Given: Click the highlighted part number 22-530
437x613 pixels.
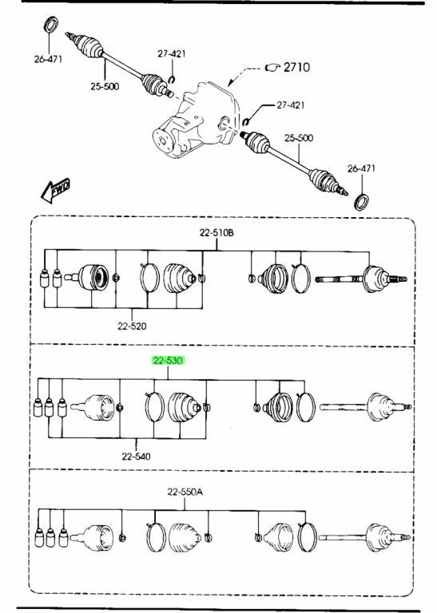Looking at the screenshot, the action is tap(169, 361).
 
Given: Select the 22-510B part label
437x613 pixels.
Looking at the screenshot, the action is tap(217, 233).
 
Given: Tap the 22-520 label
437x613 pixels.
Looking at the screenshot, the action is tap(132, 326).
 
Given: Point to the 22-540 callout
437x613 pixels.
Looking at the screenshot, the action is tap(136, 457).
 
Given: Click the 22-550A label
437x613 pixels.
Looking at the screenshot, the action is tap(185, 492).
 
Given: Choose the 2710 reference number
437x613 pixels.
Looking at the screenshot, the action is tap(296, 67).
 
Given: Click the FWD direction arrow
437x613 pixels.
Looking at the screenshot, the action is tap(56, 191).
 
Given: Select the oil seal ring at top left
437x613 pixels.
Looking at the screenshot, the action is tap(50, 26).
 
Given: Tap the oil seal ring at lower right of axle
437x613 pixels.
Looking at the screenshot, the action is tap(361, 202).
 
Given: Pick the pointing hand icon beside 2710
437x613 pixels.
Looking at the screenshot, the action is tap(272, 68).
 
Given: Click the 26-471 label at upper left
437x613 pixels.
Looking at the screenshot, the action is tap(48, 59).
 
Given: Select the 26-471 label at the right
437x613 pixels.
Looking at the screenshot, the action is tap(361, 168).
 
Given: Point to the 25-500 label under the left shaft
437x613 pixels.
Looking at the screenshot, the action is tap(105, 86).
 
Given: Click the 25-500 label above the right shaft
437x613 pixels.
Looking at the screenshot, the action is tap(299, 138).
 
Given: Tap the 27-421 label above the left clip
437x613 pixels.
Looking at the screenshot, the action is tap(172, 53).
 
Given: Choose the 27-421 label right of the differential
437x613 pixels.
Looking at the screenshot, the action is tap(291, 105).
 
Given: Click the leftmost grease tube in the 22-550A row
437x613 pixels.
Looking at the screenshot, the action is tap(39, 537).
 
